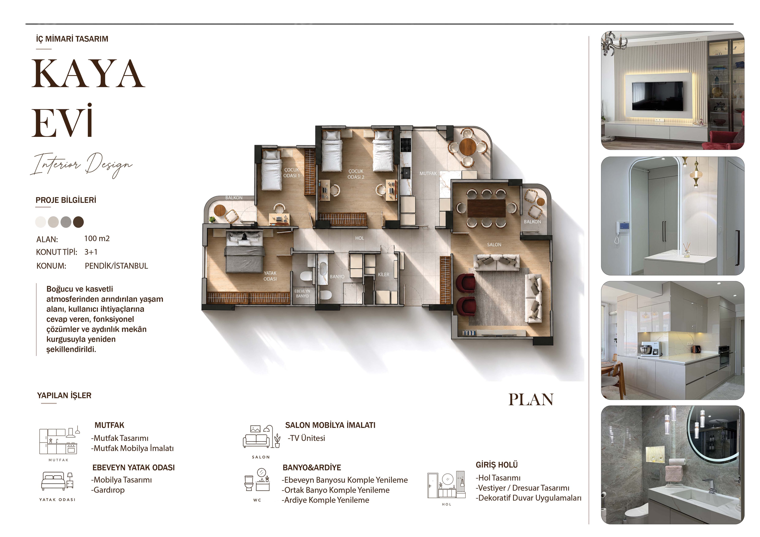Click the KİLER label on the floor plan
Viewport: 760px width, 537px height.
pyautogui.click(x=383, y=275)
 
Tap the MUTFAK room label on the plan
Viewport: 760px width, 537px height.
pyautogui.click(x=428, y=173)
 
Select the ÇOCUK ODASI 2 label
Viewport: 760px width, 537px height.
pyautogui.click(x=356, y=174)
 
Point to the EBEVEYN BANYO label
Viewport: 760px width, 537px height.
pyautogui.click(x=302, y=294)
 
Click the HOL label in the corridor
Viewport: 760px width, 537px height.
pyautogui.click(x=359, y=238)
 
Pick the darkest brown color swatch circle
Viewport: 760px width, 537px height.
pyautogui.click(x=78, y=222)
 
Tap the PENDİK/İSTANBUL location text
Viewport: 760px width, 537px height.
pyautogui.click(x=116, y=266)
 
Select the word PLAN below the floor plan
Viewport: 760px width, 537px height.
pyautogui.click(x=531, y=400)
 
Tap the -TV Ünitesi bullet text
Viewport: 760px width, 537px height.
pyautogui.click(x=306, y=438)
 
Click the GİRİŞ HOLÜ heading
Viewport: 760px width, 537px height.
pyautogui.click(x=497, y=465)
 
